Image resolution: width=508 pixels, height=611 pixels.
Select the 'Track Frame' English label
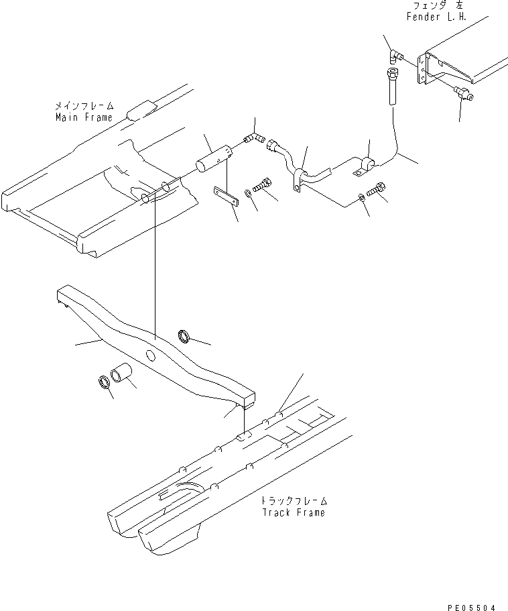coord(294,512)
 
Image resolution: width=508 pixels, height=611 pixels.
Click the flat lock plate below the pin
coord(227,197)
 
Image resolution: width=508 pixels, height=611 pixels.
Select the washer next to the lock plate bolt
coord(249,193)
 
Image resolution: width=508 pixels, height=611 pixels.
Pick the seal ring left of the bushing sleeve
coord(105,382)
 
